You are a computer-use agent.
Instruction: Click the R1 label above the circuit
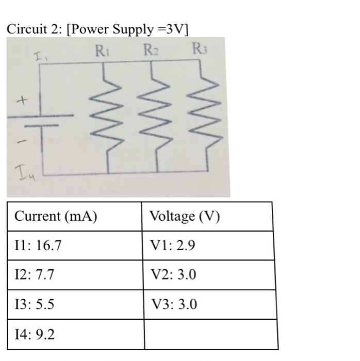click(x=101, y=51)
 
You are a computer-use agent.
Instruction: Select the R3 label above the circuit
click(x=199, y=51)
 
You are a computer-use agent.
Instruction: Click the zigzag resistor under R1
click(x=107, y=118)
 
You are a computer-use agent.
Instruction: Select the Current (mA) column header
click(x=56, y=216)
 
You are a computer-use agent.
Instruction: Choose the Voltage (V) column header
click(x=185, y=216)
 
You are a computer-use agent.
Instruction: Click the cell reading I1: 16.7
click(x=39, y=245)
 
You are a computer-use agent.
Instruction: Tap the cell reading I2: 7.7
click(x=35, y=275)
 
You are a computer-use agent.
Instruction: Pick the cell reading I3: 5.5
click(x=35, y=304)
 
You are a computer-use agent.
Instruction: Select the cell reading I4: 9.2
click(x=35, y=334)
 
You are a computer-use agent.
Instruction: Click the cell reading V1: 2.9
click(x=173, y=245)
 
